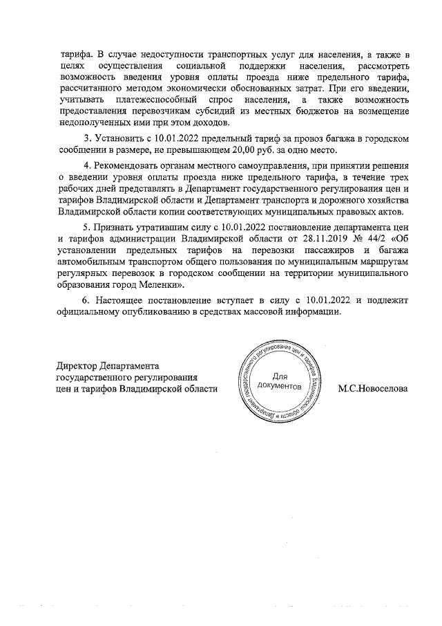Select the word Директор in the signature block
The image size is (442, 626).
click(x=77, y=366)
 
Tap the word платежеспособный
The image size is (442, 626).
click(x=152, y=100)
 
